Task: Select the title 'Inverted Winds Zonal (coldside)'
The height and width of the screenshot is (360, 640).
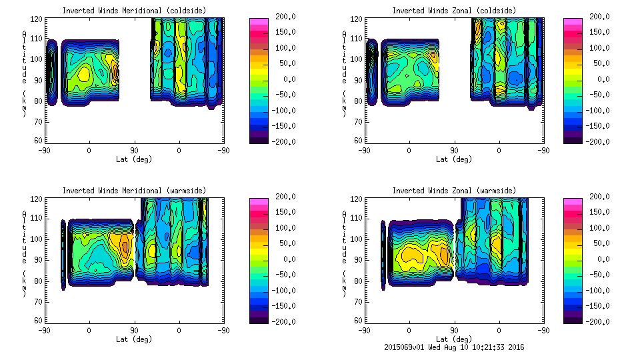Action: click(453, 11)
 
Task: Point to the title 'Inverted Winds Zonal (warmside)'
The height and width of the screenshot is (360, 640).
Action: click(453, 191)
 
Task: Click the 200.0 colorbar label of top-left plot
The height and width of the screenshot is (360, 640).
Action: click(284, 16)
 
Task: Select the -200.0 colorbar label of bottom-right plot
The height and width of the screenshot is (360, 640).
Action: click(599, 321)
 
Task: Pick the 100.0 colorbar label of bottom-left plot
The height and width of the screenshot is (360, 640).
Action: click(284, 227)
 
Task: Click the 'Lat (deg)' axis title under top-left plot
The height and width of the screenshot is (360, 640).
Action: click(134, 159)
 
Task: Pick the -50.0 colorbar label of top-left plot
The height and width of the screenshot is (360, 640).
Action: click(284, 95)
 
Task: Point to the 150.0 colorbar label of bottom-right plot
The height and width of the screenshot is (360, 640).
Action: click(599, 212)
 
